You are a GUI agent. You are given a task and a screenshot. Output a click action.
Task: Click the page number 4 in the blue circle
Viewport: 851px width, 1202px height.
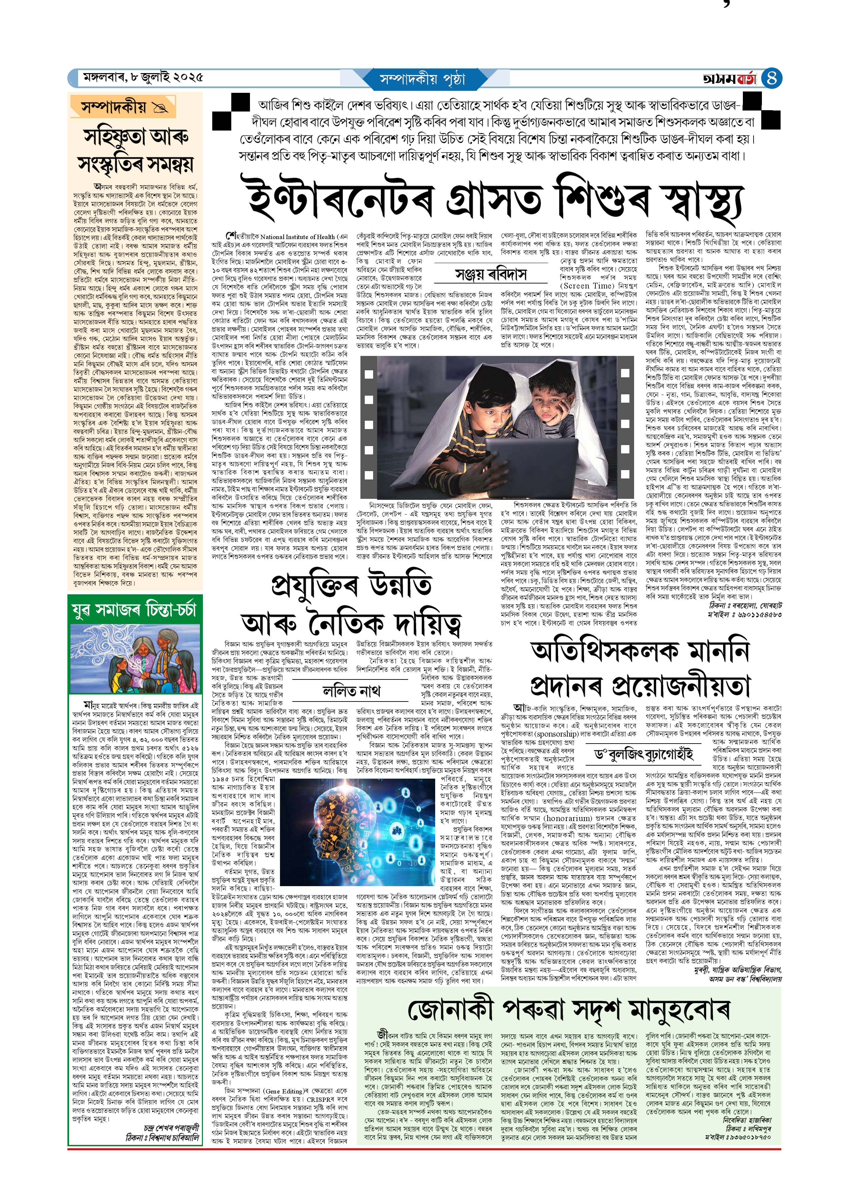[771, 78]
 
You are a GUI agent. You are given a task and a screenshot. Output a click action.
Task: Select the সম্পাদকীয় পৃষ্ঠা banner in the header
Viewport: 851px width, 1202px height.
[422, 79]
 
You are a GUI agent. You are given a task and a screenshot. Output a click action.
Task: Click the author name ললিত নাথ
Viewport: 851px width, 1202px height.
[351, 691]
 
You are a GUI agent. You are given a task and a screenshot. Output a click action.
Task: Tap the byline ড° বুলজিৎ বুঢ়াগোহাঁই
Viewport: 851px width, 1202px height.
[643, 754]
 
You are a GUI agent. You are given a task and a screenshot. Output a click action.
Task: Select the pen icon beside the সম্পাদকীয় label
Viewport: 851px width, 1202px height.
[159, 108]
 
